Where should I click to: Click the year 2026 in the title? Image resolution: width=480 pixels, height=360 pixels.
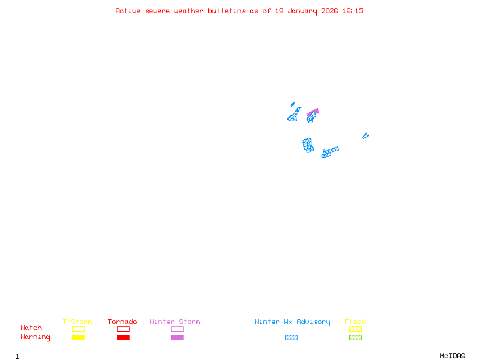click(x=329, y=11)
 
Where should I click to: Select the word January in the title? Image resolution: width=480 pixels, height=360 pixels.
click(x=302, y=11)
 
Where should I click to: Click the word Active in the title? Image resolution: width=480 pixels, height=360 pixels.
click(x=128, y=11)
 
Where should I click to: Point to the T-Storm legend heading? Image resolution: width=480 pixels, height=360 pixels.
click(x=77, y=322)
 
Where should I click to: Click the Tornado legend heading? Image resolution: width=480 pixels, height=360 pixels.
click(x=122, y=322)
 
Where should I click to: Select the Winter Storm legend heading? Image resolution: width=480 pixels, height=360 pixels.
click(x=175, y=322)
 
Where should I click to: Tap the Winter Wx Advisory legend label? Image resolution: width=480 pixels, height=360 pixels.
click(x=292, y=322)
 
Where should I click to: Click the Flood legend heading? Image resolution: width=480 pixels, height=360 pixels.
click(x=355, y=322)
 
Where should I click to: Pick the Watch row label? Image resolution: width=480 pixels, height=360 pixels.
click(x=31, y=328)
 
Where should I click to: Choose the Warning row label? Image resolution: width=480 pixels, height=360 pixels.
click(x=35, y=337)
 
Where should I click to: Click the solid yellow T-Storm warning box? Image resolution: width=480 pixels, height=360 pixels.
click(x=79, y=337)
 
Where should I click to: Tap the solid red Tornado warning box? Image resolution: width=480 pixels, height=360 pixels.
click(x=124, y=337)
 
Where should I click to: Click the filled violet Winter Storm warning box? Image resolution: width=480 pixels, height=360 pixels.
click(x=177, y=337)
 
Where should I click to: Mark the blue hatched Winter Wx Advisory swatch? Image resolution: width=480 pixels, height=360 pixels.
click(x=291, y=337)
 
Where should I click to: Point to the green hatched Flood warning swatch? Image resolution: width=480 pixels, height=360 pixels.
click(x=355, y=337)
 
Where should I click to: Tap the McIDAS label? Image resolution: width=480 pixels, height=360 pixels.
click(x=452, y=356)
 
